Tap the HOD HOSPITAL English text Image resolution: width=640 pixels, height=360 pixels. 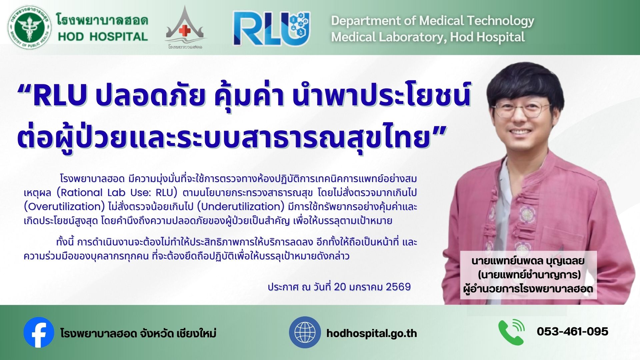[x=103, y=37]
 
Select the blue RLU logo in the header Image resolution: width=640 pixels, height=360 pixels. [x=272, y=28]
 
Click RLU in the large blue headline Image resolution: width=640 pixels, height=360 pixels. [x=60, y=95]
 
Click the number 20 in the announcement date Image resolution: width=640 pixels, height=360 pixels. [x=340, y=287]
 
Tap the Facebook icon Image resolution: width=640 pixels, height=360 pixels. [x=39, y=332]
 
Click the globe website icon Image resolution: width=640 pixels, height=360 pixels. [x=305, y=332]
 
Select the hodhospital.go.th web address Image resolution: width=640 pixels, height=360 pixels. [x=372, y=333]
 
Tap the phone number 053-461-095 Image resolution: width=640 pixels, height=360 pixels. [x=573, y=331]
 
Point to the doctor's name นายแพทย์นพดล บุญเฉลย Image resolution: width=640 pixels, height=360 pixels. [x=528, y=261]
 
